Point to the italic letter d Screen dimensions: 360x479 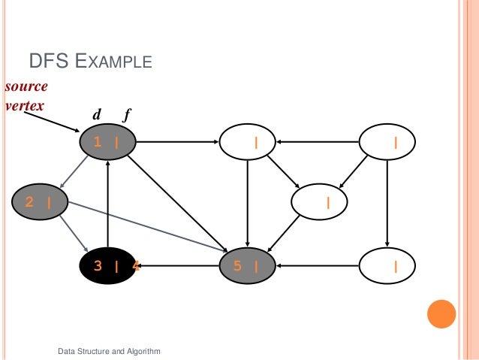pyautogui.click(x=96, y=116)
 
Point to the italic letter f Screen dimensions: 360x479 pyautogui.click(x=128, y=116)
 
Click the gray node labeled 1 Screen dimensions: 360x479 pyautogui.click(x=107, y=141)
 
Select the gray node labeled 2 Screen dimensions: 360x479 pyautogui.click(x=40, y=201)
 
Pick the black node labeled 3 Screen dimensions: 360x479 pyautogui.click(x=107, y=265)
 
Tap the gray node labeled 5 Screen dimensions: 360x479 pyautogui.click(x=248, y=265)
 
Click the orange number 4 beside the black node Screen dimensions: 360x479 pyautogui.click(x=135, y=265)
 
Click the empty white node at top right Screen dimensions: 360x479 pyautogui.click(x=388, y=141)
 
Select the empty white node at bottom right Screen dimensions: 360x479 pyautogui.click(x=388, y=265)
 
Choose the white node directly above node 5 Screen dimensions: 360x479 pyautogui.click(x=248, y=141)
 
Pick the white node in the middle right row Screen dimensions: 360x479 pyautogui.click(x=319, y=201)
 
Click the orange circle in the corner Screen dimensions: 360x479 pyautogui.click(x=441, y=314)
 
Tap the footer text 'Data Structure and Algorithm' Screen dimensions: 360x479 pyautogui.click(x=109, y=351)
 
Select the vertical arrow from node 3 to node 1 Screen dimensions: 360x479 pyautogui.click(x=109, y=203)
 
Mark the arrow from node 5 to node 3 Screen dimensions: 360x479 pyautogui.click(x=180, y=265)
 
